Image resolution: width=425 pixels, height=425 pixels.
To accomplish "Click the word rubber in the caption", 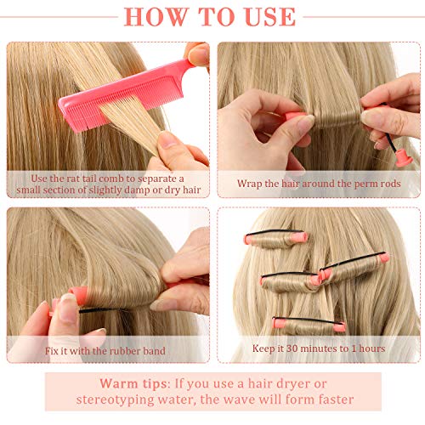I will coord(138,348).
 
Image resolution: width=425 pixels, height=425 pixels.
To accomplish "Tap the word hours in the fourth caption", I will coord(367,348).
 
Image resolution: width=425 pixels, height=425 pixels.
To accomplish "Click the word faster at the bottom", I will coord(329,399).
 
